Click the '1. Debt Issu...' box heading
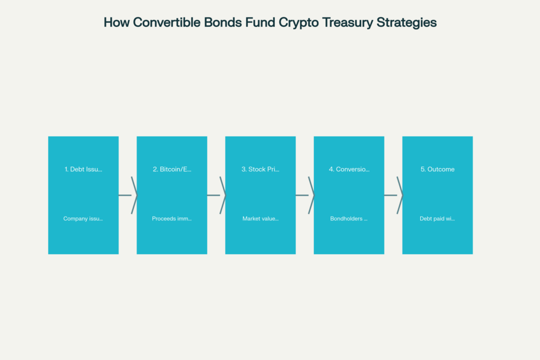[83, 169]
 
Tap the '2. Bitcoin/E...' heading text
[172, 169]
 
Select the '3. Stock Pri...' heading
[261, 169]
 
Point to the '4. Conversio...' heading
[349, 169]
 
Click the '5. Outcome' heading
[437, 169]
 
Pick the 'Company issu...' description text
[83, 219]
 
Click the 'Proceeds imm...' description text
[172, 219]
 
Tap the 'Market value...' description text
[261, 219]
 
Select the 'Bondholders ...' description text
[349, 219]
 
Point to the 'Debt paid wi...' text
[437, 219]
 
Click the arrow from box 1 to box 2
[128, 195]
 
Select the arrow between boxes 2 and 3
[216, 195]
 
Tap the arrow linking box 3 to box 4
[305, 195]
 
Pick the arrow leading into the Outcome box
[393, 195]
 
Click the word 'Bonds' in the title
[223, 22]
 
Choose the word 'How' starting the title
[117, 22]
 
